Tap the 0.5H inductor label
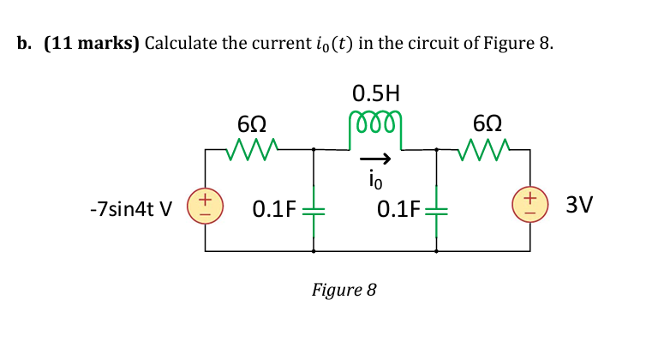click(374, 91)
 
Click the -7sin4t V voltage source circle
click(204, 207)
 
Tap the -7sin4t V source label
click(130, 208)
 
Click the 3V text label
click(576, 207)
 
